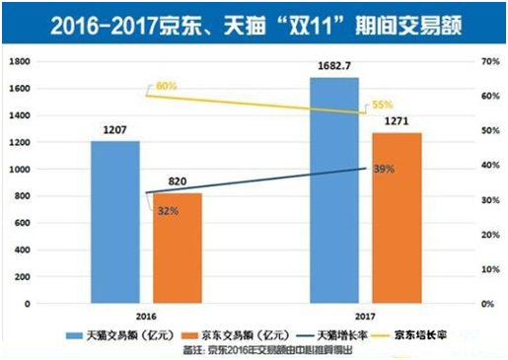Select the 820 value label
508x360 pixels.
[178, 182]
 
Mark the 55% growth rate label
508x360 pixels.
[383, 103]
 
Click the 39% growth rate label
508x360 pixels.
[384, 170]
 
